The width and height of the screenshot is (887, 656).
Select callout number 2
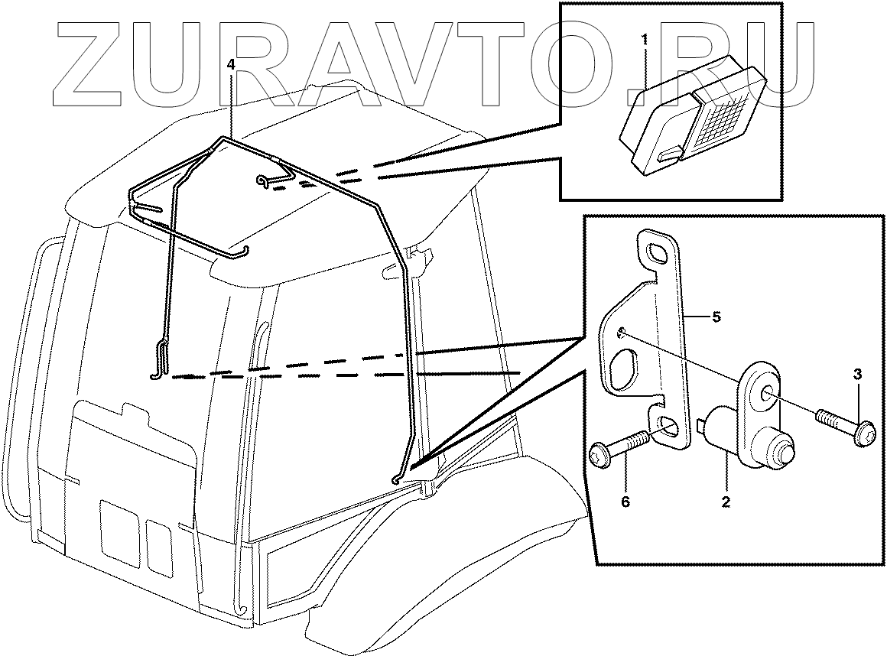coord(726,502)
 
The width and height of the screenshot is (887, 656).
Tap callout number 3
coord(858,374)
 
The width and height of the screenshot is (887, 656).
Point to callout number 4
coord(232,65)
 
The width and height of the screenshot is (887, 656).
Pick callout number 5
coord(716,317)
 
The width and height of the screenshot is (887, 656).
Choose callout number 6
coord(625,502)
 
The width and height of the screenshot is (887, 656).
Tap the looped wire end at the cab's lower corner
coord(396,479)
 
